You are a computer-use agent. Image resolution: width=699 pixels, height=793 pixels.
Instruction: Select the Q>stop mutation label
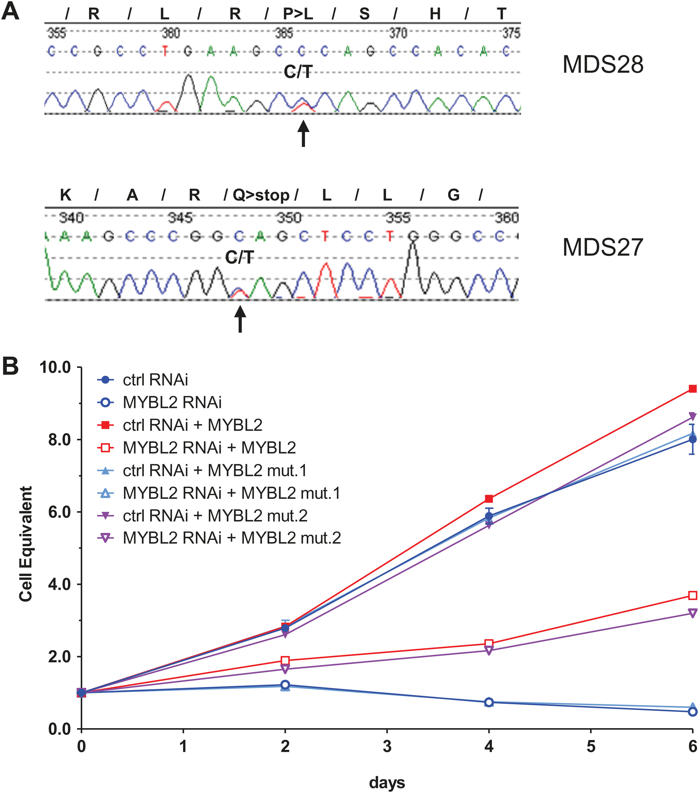click(261, 195)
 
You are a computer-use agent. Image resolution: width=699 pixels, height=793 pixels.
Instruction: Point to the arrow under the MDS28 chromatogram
click(303, 133)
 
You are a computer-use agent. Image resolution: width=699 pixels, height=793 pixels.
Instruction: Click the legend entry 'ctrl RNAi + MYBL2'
click(192, 425)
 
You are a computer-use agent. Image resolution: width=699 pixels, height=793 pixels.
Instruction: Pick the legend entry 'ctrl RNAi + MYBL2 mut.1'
click(214, 471)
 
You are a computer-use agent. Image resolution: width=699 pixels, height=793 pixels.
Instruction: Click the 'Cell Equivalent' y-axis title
click(25, 544)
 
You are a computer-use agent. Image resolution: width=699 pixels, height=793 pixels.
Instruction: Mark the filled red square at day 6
click(692, 389)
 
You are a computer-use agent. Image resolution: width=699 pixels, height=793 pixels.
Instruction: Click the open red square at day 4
click(489, 644)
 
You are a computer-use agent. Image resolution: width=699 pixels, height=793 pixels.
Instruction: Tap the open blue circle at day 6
click(692, 712)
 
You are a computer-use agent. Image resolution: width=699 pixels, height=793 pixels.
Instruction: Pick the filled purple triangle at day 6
click(692, 417)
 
